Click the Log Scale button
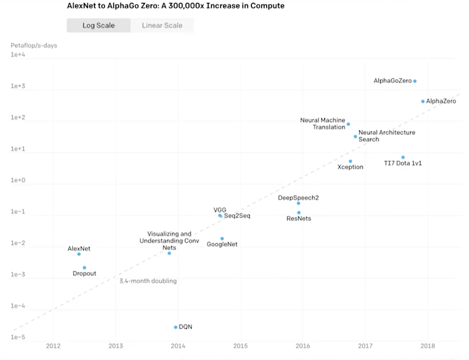pos(98,25)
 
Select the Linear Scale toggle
pos(162,25)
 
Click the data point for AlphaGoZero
pos(415,81)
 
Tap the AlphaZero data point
pos(423,102)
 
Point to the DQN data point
pos(176,327)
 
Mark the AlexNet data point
pos(79,254)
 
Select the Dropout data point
pos(85,268)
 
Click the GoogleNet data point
pos(222,239)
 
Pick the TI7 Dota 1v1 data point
pos(403,157)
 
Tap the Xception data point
pos(350,161)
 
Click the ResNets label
pos(299,218)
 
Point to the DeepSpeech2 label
pos(298,198)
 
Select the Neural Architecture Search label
pos(386,136)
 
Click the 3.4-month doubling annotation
pos(148,281)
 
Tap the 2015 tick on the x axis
pos(240,346)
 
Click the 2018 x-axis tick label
pos(428,346)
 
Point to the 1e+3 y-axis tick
pos(18,86)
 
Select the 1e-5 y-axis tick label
pos(18,337)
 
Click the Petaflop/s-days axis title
pos(34,45)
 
